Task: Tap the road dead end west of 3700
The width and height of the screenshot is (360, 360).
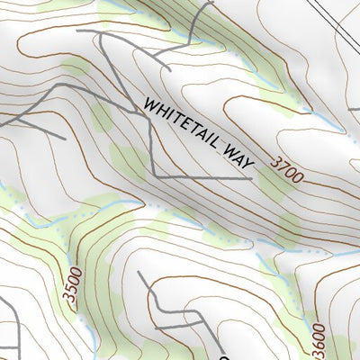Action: pos(251,177)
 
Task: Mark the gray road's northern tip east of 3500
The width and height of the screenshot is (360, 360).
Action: pos(140,271)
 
